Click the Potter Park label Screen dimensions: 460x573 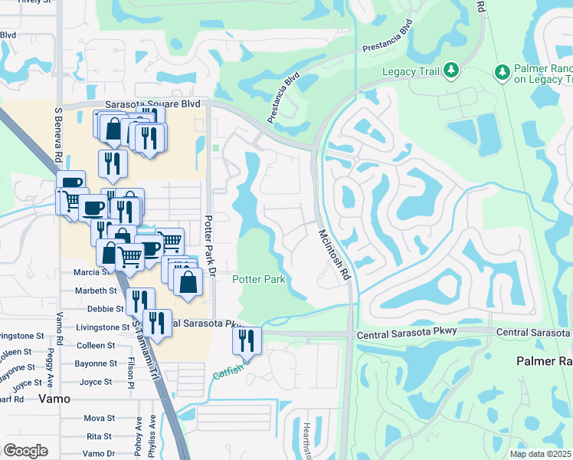click(x=259, y=280)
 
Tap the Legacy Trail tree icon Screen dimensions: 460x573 click(x=451, y=71)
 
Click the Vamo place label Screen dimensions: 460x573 click(x=54, y=399)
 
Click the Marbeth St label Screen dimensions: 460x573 click(x=96, y=291)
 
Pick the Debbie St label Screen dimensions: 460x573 click(x=106, y=309)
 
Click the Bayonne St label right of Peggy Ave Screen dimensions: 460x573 click(x=96, y=363)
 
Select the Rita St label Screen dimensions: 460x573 click(x=99, y=436)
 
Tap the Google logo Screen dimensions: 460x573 click(x=25, y=451)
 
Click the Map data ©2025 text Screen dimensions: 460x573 click(x=541, y=454)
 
